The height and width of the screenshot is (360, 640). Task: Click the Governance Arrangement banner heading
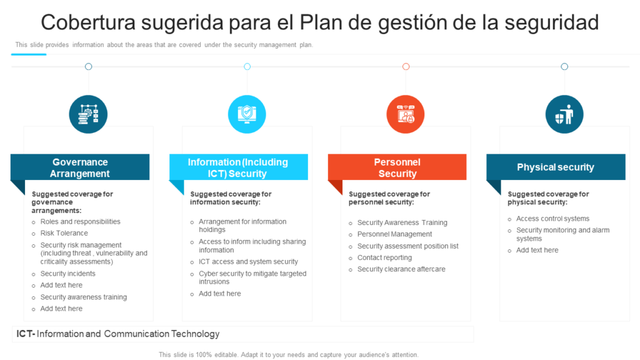80,167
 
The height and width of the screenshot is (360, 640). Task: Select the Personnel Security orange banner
397,167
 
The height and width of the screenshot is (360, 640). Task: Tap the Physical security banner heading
556,167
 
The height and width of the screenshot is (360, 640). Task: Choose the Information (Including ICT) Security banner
238,167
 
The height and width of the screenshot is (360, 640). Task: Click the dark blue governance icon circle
88,114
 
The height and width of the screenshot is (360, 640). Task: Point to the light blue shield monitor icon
247,114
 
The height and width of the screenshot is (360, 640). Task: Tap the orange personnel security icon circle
405,114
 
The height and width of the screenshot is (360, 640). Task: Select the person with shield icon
564,114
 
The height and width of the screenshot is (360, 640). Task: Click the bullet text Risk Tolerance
64,233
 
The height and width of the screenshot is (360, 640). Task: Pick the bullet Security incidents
67,274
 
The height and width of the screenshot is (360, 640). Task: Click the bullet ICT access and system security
248,262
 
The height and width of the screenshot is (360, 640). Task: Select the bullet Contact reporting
384,257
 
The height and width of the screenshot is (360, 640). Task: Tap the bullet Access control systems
552,219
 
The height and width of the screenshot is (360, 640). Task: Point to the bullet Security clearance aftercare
401,269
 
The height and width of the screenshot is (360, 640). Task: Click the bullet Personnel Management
394,234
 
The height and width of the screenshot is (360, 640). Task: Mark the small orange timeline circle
406,66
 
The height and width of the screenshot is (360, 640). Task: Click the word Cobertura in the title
88,22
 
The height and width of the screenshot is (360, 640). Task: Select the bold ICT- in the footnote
26,334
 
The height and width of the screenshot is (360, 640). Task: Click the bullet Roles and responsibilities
80,222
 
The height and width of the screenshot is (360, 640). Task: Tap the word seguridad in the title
551,23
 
